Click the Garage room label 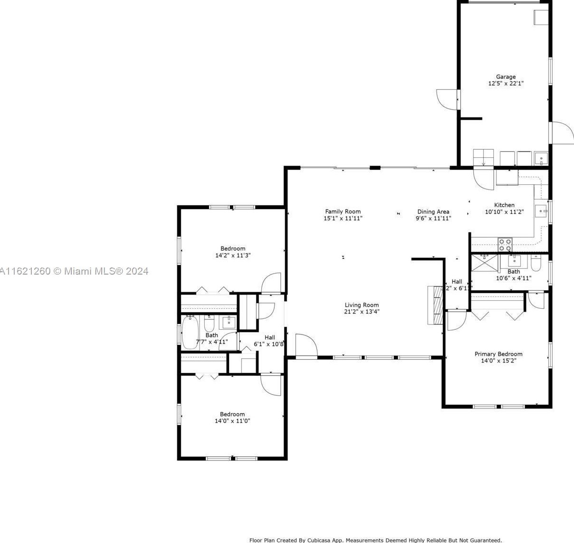click(x=506, y=76)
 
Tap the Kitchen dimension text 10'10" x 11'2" click(x=504, y=212)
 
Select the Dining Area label click(x=433, y=212)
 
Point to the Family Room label click(x=343, y=211)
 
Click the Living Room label click(x=362, y=305)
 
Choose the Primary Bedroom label click(x=498, y=354)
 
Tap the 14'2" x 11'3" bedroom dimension click(x=233, y=255)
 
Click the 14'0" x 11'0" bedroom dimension click(x=232, y=420)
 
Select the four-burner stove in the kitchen click(x=505, y=245)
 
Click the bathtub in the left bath click(x=189, y=333)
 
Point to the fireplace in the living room click(x=435, y=305)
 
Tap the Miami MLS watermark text click(x=74, y=271)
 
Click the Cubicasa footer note click(x=375, y=540)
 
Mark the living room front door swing click(x=306, y=344)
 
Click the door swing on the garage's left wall click(x=447, y=99)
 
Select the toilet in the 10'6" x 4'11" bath click(x=536, y=262)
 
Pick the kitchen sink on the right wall click(x=541, y=210)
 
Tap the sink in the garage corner click(x=541, y=158)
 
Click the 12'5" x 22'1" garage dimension click(x=506, y=83)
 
